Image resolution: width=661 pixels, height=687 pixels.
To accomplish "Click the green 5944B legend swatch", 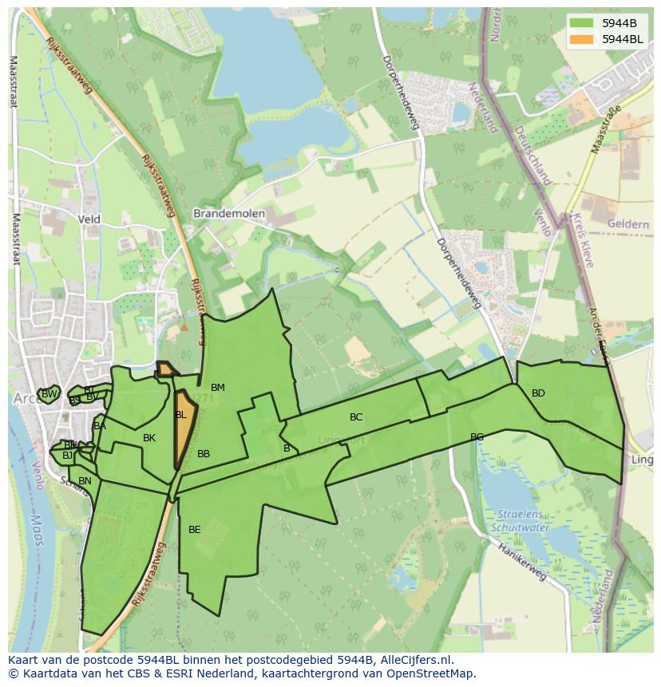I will point(582,22).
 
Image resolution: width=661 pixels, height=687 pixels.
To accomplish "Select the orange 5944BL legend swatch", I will point(582,38).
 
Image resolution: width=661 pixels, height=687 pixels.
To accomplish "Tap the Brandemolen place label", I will point(229,214).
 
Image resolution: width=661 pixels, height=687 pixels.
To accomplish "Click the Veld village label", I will point(89,219).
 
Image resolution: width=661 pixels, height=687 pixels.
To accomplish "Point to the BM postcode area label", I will point(217,388).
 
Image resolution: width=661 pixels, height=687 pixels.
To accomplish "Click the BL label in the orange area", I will point(180,415).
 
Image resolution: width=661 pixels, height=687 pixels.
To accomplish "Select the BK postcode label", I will point(149,438).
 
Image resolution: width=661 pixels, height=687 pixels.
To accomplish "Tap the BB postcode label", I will point(204,454).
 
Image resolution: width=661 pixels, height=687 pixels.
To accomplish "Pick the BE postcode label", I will point(195,529).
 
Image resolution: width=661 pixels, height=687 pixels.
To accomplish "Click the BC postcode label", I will point(356,417).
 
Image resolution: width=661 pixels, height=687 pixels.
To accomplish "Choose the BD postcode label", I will point(538,393).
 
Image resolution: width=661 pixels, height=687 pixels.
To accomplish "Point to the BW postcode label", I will point(49,394).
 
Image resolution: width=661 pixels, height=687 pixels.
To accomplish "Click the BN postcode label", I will point(85,481).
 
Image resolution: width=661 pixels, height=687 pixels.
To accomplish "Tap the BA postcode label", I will point(100,426).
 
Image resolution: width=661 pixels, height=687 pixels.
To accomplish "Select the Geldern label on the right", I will point(627,224).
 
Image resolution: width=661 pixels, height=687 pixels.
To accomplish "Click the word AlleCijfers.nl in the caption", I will point(414,660).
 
